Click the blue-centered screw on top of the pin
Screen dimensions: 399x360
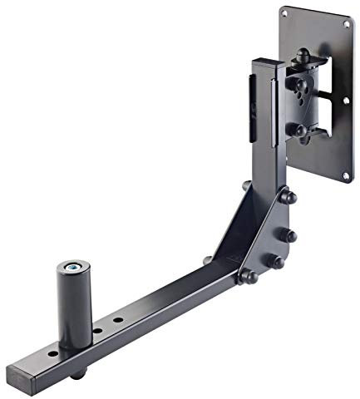[x=75, y=268]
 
